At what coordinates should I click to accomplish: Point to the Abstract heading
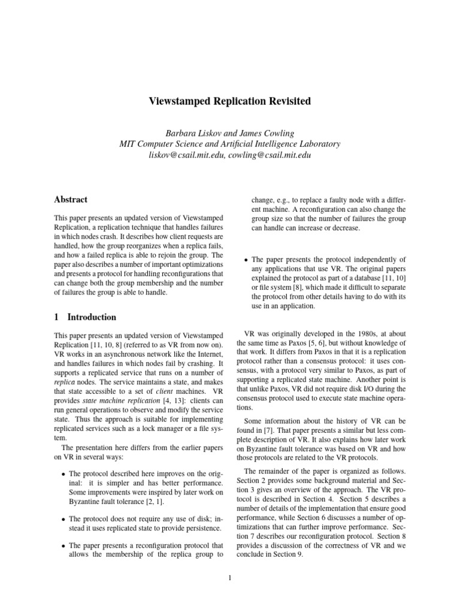(x=71, y=199)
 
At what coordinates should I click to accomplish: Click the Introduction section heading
(x=92, y=317)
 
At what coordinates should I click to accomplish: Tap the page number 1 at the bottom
(x=229, y=578)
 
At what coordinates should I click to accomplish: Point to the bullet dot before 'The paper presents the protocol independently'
(x=247, y=260)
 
